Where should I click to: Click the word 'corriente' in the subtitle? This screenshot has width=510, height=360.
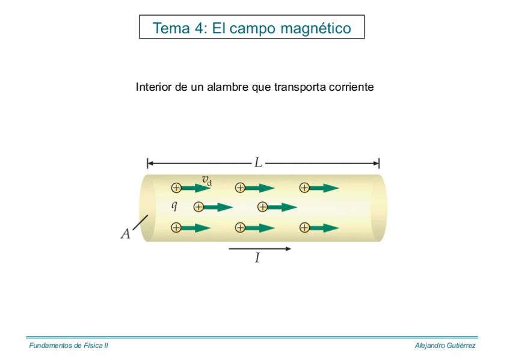pyautogui.click(x=351, y=87)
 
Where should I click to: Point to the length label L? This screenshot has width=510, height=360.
pyautogui.click(x=258, y=162)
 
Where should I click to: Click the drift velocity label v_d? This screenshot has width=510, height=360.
pyautogui.click(x=206, y=178)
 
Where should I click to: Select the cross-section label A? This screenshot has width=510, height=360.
pyautogui.click(x=126, y=234)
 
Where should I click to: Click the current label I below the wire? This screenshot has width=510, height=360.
pyautogui.click(x=257, y=258)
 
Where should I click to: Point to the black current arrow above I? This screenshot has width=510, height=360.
pyautogui.click(x=260, y=248)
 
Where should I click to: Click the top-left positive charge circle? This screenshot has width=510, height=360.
pyautogui.click(x=176, y=188)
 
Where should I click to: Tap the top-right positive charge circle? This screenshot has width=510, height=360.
pyautogui.click(x=304, y=188)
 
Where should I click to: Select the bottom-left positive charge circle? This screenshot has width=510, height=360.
pyautogui.click(x=176, y=228)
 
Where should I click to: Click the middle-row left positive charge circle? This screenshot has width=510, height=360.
pyautogui.click(x=198, y=207)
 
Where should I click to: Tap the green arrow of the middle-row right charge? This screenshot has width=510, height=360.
pyautogui.click(x=282, y=207)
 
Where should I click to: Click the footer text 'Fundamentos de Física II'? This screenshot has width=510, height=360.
pyautogui.click(x=69, y=346)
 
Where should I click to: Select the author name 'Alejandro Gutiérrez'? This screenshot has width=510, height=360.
pyautogui.click(x=445, y=346)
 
